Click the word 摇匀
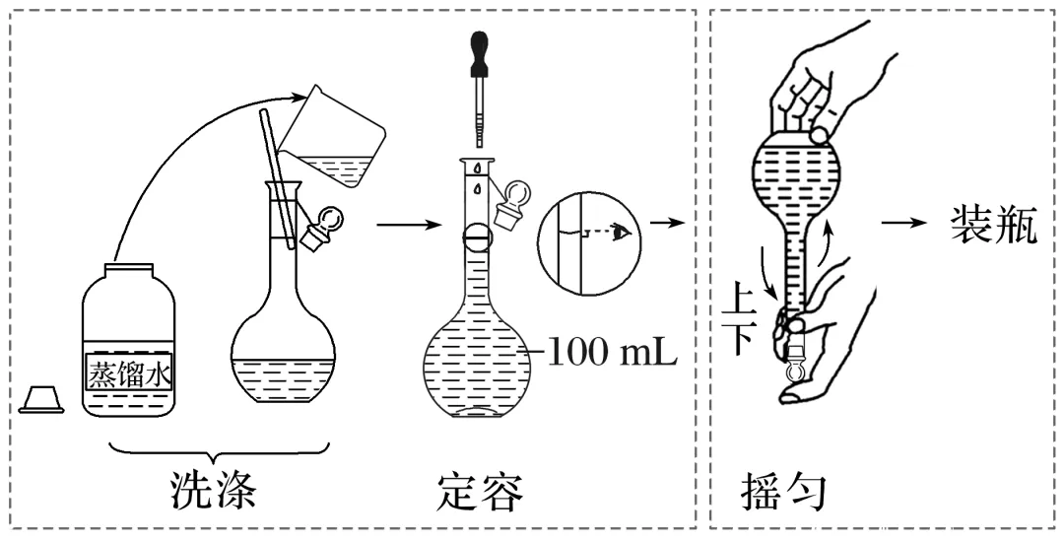pyautogui.click(x=781, y=491)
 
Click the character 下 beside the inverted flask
pyautogui.click(x=740, y=339)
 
